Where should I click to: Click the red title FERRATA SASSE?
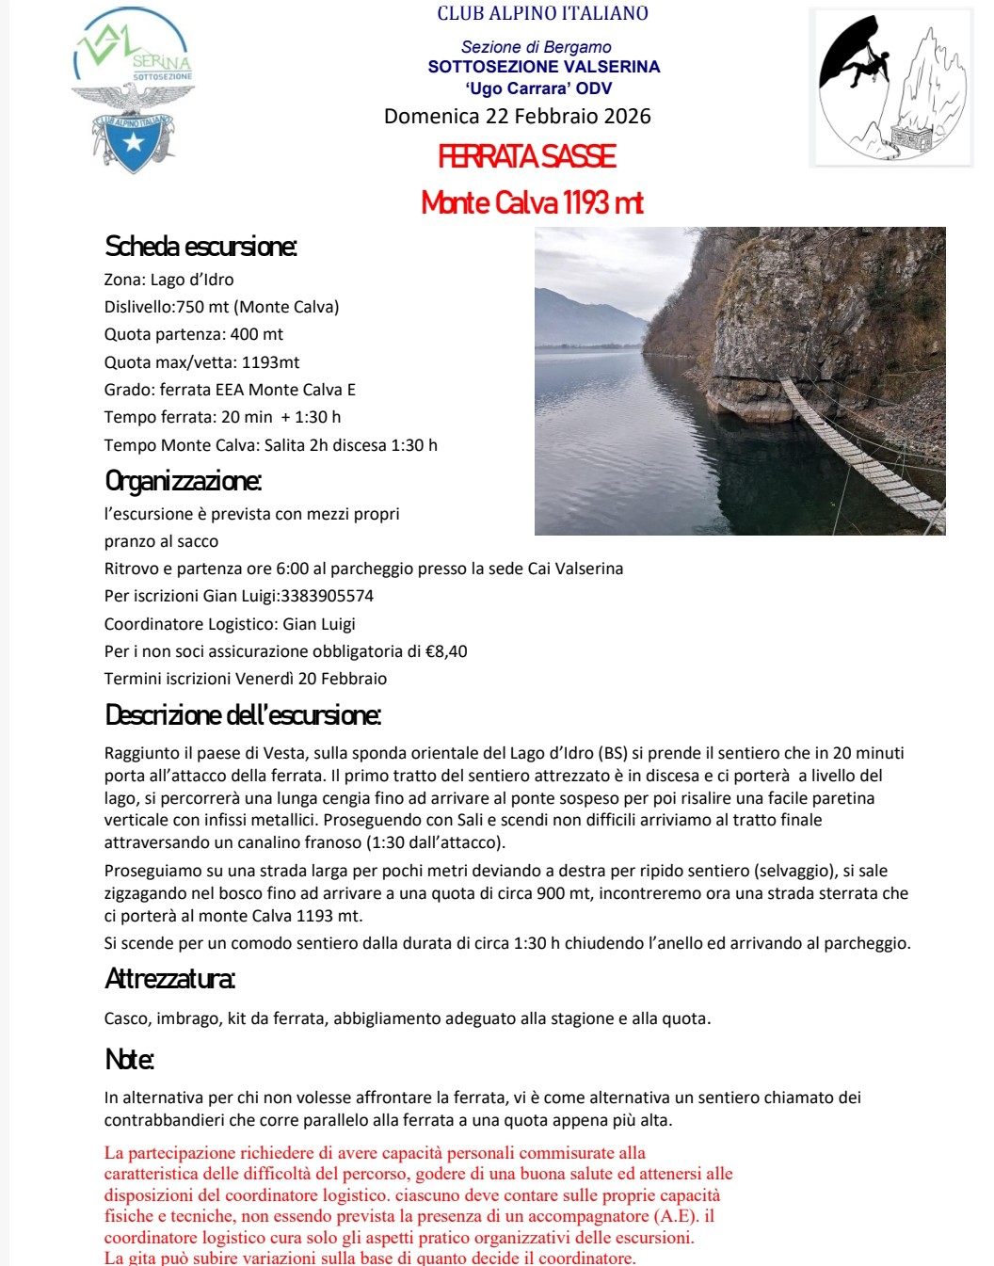(527, 156)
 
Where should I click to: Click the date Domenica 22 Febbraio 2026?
(517, 116)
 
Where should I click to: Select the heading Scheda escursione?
(200, 247)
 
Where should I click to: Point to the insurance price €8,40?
(446, 651)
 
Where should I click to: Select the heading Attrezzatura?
(169, 979)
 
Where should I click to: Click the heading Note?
(129, 1059)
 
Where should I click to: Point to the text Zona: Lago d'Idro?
(169, 280)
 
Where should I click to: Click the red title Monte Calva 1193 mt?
(532, 202)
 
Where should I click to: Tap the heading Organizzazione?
(183, 481)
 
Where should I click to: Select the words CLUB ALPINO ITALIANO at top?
(542, 13)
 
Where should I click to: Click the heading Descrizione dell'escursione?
(243, 715)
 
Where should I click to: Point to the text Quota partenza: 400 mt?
(194, 334)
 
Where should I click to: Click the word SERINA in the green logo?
(161, 61)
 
